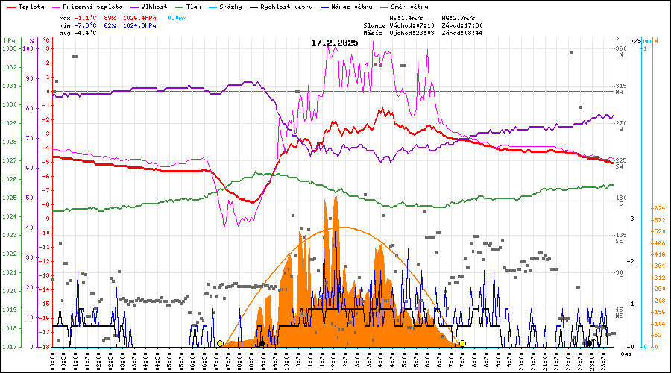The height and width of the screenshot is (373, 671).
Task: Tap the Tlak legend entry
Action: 205,6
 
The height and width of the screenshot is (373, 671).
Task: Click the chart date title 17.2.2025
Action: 335,43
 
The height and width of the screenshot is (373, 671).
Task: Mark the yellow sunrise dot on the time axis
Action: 220,343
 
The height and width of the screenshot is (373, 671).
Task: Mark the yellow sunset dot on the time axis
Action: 463,343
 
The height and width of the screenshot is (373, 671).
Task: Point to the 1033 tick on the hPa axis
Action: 9,48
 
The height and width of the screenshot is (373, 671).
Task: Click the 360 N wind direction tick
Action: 620,51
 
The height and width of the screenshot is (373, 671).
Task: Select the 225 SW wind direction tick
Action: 620,163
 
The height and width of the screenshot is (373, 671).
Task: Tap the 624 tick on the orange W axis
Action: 659,208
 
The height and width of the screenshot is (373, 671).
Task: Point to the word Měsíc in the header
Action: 373,33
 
